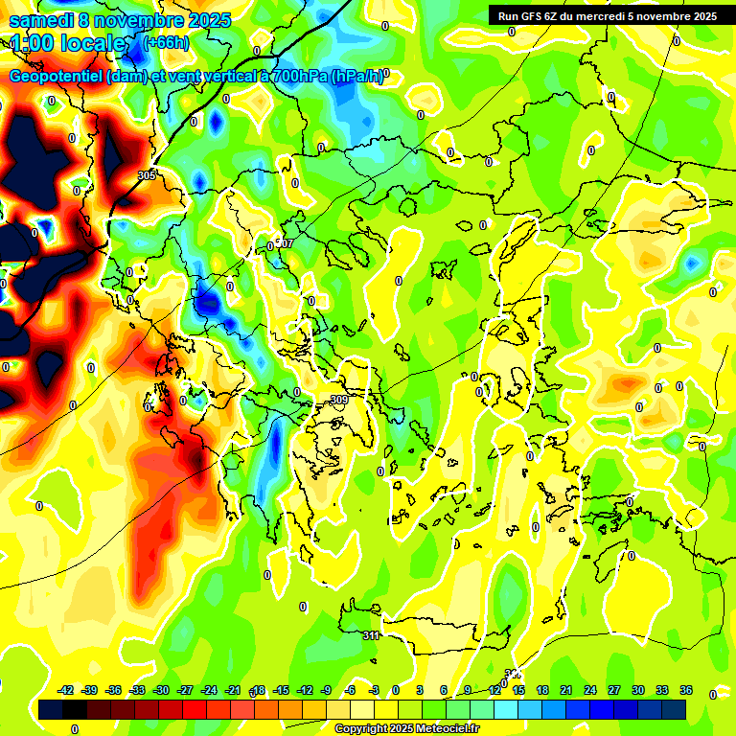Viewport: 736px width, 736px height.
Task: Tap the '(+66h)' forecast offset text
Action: click(x=166, y=42)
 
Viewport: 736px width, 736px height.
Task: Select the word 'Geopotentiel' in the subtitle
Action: click(x=57, y=77)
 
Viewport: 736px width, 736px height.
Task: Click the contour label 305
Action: click(x=147, y=175)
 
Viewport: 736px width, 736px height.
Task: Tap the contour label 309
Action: click(x=338, y=400)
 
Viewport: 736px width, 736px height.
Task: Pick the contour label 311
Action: click(x=372, y=635)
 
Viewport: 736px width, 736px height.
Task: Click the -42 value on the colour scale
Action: click(x=66, y=690)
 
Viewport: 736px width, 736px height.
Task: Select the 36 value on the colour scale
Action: click(x=686, y=690)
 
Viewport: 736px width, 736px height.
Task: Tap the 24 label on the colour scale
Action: click(x=590, y=690)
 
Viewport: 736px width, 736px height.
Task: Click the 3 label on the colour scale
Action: click(x=420, y=690)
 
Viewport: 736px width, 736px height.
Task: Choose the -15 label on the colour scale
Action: click(x=281, y=690)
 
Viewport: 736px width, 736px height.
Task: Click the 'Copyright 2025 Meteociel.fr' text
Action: click(x=407, y=729)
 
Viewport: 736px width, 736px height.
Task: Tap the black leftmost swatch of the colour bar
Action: click(x=51, y=709)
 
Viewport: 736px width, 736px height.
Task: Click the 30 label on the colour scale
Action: click(x=638, y=690)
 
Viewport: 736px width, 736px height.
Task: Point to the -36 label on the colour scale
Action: click(x=114, y=690)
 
